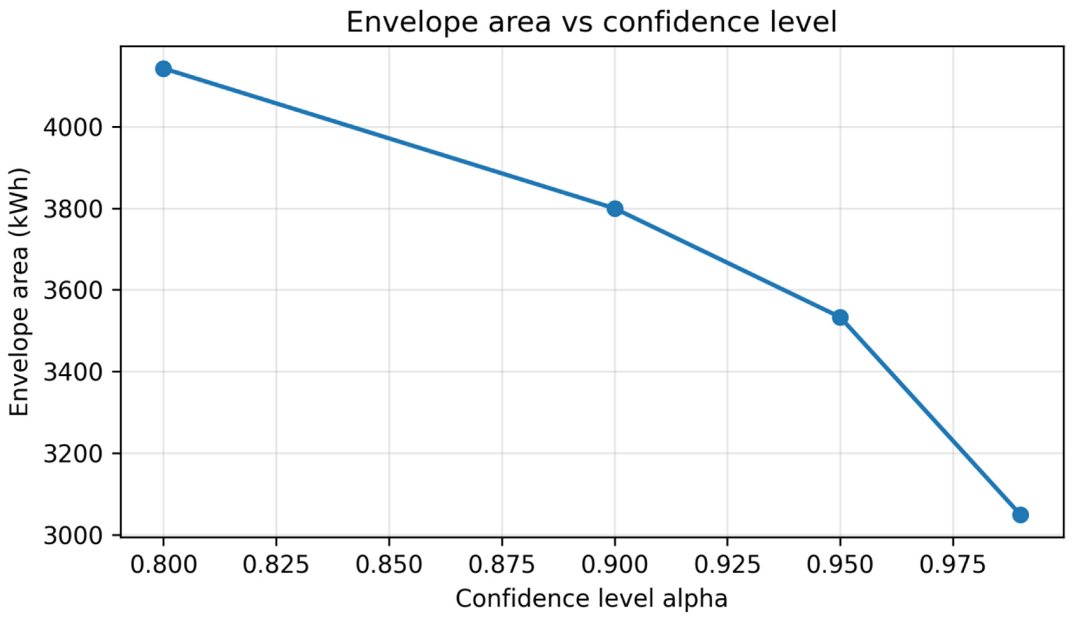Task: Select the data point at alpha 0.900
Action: (615, 209)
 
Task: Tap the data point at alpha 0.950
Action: (840, 317)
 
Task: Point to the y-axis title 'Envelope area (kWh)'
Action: (19, 292)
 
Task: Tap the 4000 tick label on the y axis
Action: (73, 127)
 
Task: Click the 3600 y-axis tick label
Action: (73, 290)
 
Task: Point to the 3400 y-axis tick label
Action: (73, 372)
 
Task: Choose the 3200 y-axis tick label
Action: (73, 454)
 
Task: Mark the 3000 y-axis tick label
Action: (73, 535)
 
